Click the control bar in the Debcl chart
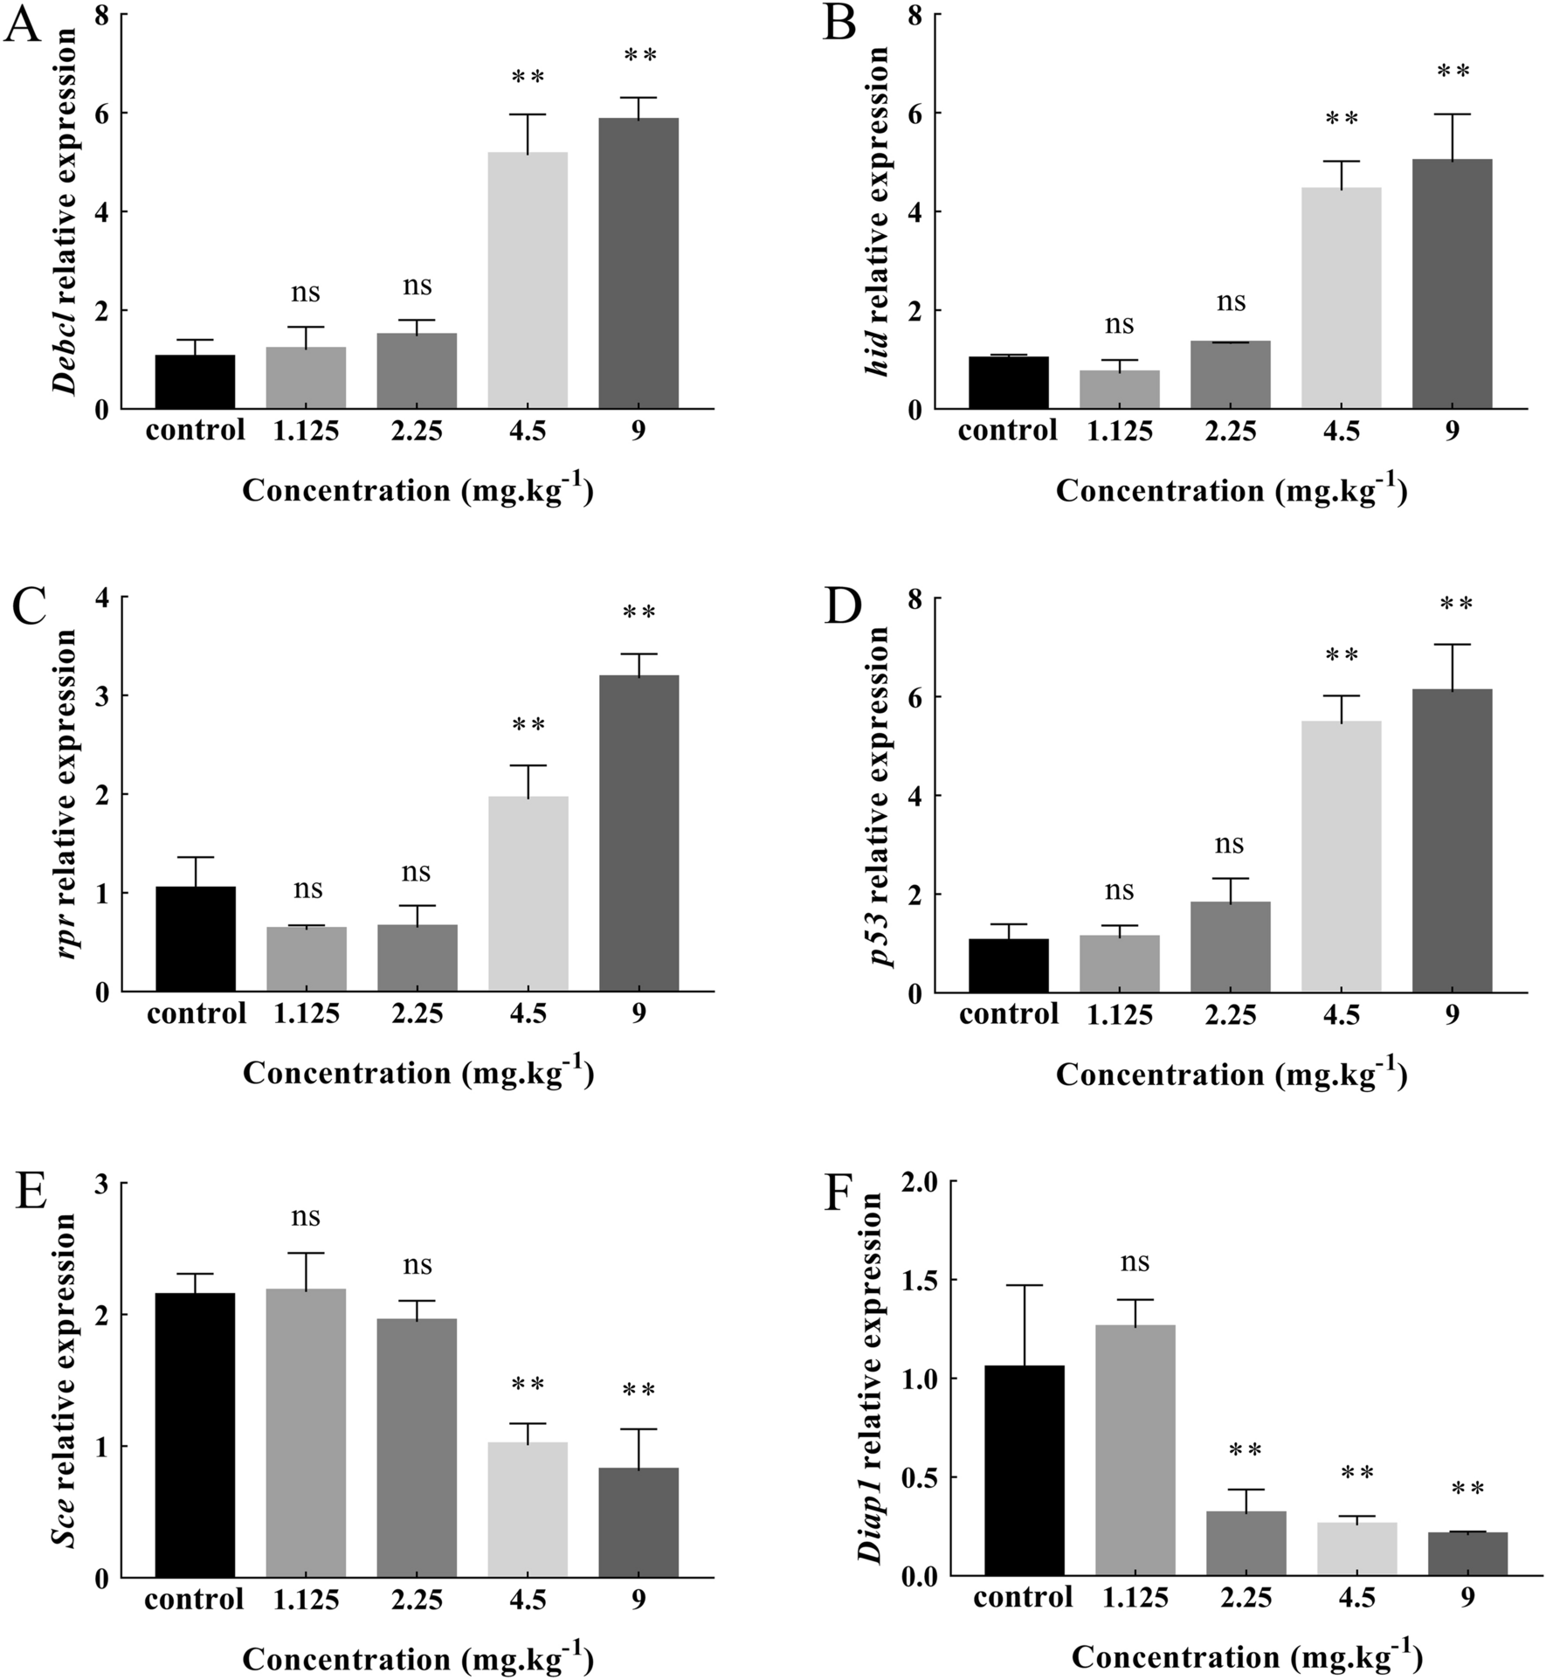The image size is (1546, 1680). click(195, 382)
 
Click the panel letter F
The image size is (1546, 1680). click(845, 1193)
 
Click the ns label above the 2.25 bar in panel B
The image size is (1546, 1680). click(1231, 302)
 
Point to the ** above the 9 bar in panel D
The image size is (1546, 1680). click(1456, 605)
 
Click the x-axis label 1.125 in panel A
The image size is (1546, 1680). click(306, 431)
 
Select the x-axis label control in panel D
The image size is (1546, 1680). click(1008, 1014)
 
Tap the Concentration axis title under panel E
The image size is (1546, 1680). click(418, 1658)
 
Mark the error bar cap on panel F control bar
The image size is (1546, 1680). click(1024, 1285)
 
